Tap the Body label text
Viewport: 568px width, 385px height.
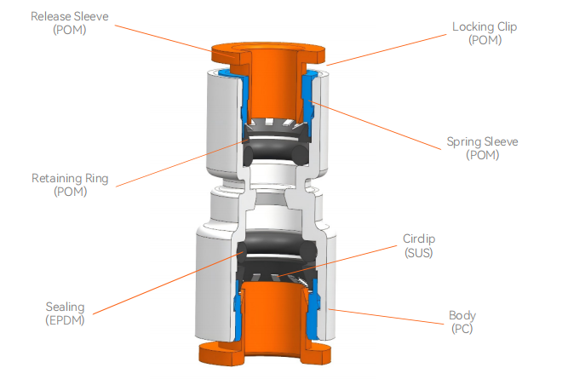point(462,315)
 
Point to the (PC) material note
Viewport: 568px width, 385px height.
point(462,330)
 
